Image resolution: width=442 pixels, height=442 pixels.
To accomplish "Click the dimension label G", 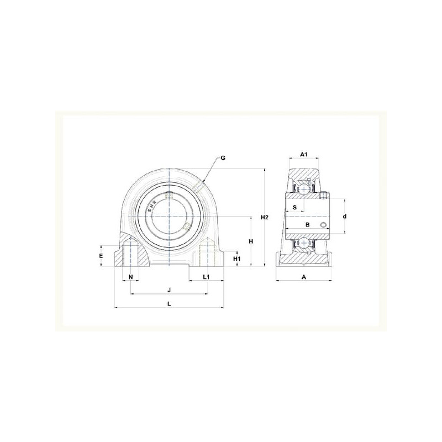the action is coord(223,158).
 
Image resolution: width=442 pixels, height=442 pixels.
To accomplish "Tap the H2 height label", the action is coord(265,217).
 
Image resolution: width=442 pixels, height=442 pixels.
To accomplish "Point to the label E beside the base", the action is coord(101,256).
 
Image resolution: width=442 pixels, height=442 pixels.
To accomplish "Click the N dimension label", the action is coord(130,277).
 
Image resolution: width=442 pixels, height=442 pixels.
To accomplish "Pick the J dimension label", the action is coord(169,290).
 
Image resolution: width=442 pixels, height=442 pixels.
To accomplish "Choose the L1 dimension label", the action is coord(206,277).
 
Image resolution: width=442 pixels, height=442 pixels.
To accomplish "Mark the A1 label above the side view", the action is coord(303,154).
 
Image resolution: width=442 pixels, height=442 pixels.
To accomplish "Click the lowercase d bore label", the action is coord(344,216).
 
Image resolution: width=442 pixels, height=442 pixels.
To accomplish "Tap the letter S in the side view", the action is coord(295,208).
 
